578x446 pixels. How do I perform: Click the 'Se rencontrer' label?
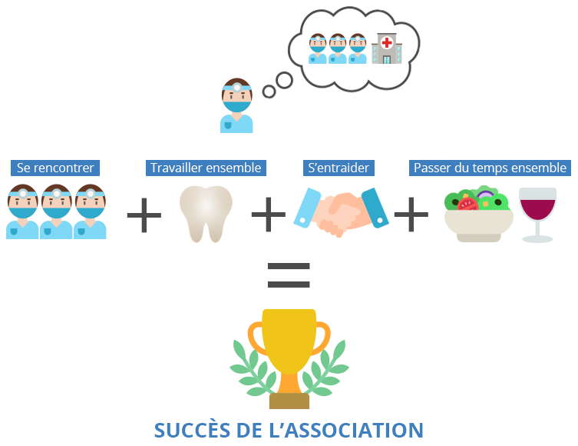point(55,168)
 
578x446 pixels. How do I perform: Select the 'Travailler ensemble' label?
point(206,168)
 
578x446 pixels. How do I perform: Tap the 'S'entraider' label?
point(338,168)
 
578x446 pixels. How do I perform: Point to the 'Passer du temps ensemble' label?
point(490,168)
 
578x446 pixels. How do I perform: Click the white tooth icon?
point(205,213)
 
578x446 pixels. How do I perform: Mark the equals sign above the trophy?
point(289,275)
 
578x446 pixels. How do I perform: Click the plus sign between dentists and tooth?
point(144,215)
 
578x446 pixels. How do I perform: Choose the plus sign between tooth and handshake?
point(269,215)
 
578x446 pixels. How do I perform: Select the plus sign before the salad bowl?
point(411,215)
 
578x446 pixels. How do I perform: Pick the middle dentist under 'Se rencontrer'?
point(56,211)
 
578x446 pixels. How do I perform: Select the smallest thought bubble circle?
point(269,92)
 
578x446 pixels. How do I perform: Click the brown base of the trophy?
point(289,401)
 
